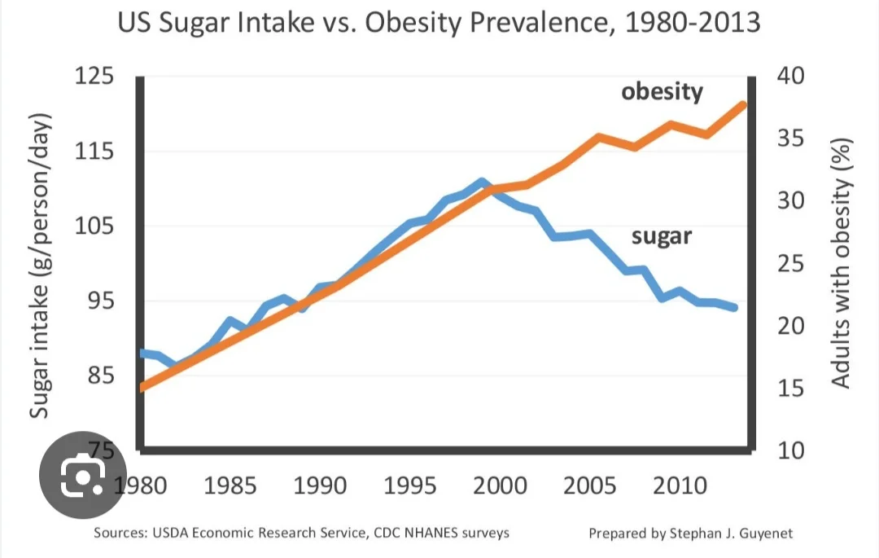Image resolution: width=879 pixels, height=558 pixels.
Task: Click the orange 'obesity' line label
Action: coord(662,91)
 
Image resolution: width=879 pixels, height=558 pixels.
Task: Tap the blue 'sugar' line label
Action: coord(661,236)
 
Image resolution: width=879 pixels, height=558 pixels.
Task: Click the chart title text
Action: coord(439,22)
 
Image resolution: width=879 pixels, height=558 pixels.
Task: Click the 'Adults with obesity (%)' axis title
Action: coord(841,263)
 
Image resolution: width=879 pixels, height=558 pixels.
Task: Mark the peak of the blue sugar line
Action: coord(482,182)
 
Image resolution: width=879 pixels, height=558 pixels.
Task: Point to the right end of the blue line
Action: coord(735,308)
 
